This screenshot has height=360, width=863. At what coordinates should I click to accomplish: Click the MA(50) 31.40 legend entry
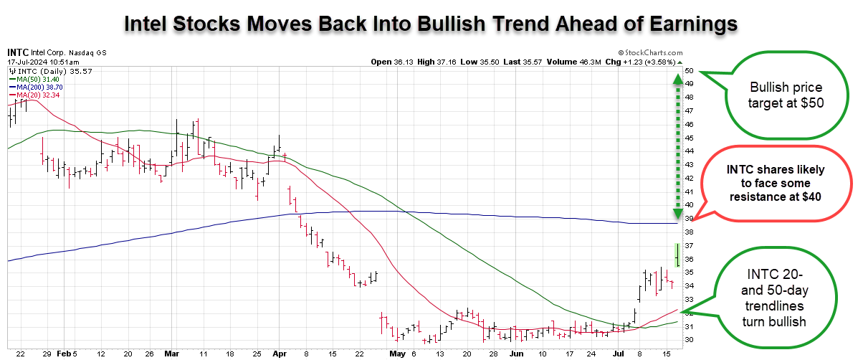(x=34, y=79)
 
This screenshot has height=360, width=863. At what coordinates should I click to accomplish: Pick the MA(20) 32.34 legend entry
(x=34, y=95)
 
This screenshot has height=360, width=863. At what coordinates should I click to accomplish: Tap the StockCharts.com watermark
(x=651, y=52)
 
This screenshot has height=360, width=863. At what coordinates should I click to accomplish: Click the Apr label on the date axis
(x=280, y=354)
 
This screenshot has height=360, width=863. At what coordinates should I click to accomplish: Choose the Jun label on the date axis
(x=516, y=354)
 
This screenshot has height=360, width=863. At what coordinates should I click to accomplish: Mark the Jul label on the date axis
(x=618, y=354)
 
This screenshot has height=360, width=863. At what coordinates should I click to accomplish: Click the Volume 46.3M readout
(x=568, y=62)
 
